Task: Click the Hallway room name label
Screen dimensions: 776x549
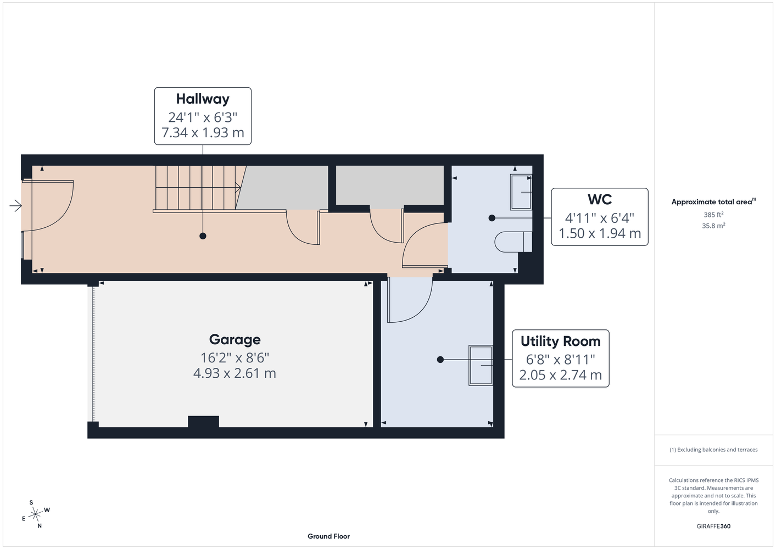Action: point(203,99)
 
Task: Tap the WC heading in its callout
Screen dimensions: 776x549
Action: point(600,199)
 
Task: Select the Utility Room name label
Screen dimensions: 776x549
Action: point(561,341)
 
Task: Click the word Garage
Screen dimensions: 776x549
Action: point(235,339)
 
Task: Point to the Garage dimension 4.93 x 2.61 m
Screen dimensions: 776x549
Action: point(235,373)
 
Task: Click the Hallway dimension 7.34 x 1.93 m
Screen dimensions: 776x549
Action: point(203,133)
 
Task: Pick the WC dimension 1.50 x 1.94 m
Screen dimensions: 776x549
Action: point(600,233)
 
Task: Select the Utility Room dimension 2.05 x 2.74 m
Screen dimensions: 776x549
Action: point(561,375)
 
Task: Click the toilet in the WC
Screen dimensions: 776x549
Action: point(513,242)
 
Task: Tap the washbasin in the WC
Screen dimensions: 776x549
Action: point(521,192)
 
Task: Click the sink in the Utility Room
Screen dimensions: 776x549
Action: point(481,365)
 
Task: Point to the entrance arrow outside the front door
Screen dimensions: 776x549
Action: point(15,206)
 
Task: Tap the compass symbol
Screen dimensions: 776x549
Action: point(36,514)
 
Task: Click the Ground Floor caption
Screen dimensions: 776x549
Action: point(328,536)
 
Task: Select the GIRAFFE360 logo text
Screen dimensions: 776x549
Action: point(713,526)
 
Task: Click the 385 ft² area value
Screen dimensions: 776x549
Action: point(713,215)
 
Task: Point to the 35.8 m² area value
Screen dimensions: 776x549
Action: point(713,226)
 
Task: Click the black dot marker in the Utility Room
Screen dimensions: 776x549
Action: point(440,360)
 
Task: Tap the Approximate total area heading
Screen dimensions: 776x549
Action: point(713,201)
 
